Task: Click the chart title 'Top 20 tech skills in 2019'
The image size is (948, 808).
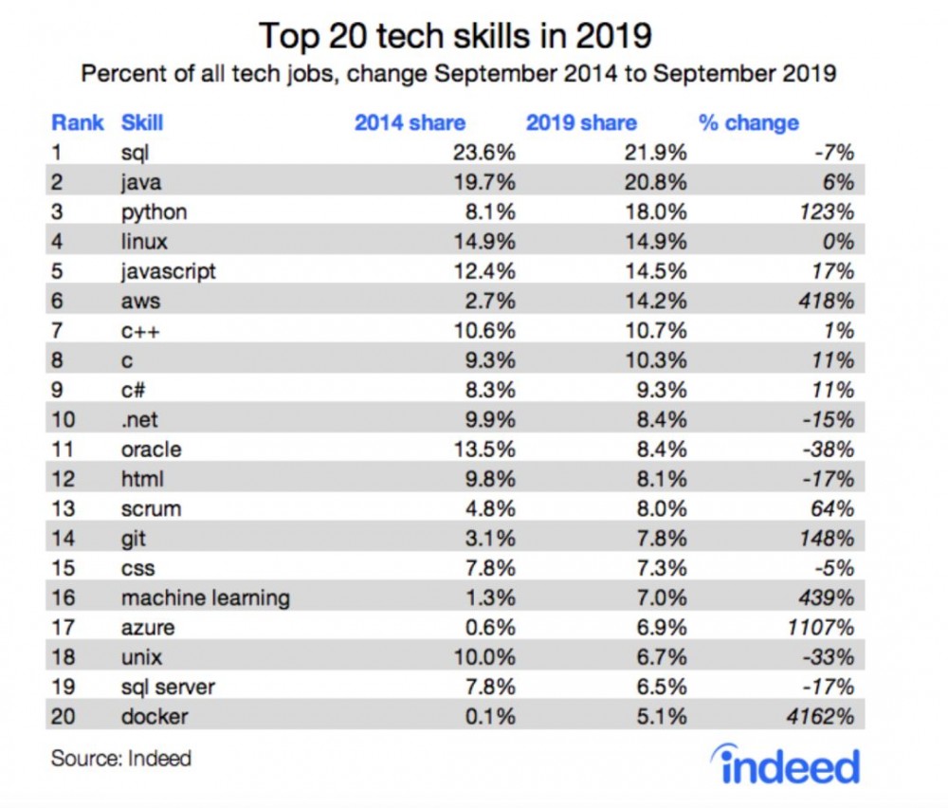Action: tap(455, 35)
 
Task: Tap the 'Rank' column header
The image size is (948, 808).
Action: tap(78, 122)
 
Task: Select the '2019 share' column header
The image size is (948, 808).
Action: tap(581, 122)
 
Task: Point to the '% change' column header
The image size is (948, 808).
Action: tap(748, 122)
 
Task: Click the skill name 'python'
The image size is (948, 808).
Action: tap(154, 211)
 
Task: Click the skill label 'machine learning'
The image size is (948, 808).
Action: tap(205, 597)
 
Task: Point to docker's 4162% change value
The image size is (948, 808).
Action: tap(822, 717)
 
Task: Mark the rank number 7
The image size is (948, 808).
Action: tap(57, 331)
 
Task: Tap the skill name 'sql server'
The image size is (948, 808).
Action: tap(169, 687)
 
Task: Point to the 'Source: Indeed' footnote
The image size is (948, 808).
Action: tap(120, 758)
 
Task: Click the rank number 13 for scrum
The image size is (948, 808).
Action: tap(63, 509)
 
